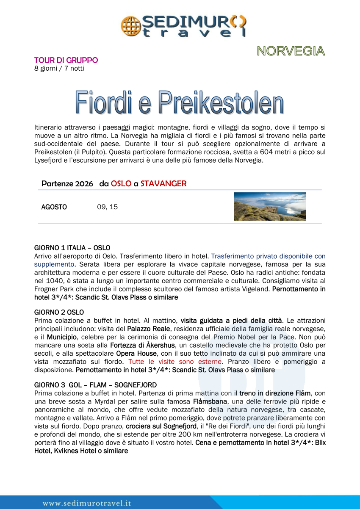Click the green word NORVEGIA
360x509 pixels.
[x=291, y=51]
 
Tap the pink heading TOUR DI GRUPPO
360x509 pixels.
[x=66, y=60]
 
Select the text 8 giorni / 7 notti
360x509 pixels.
[x=59, y=68]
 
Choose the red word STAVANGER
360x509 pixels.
[x=163, y=184]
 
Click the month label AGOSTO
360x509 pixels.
[x=54, y=207]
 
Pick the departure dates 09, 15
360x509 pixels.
[x=108, y=207]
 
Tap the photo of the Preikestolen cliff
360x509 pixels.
[x=270, y=207]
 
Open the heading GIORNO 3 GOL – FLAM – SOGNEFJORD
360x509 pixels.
[x=95, y=385]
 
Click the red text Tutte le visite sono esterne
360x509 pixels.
[x=174, y=362]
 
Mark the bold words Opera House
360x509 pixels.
[x=134, y=353]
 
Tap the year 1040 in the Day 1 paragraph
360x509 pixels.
[x=42, y=280]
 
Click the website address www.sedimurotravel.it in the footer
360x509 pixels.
[x=87, y=503]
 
